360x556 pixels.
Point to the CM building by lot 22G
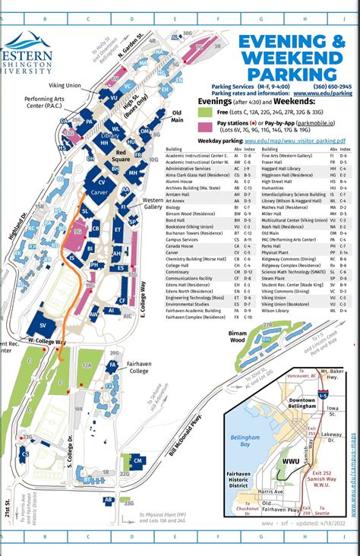click(137, 460)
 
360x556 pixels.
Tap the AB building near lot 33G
click(109, 500)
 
